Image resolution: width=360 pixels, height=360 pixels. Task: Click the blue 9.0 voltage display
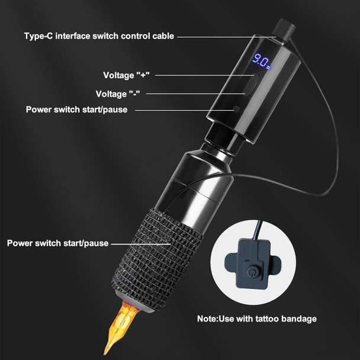pyautogui.click(x=261, y=59)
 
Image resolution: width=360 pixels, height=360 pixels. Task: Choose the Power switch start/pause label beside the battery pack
pyautogui.click(x=76, y=110)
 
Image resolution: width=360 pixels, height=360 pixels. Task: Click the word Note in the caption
pyautogui.click(x=208, y=319)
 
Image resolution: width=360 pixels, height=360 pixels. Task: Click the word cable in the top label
pyautogui.click(x=161, y=36)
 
